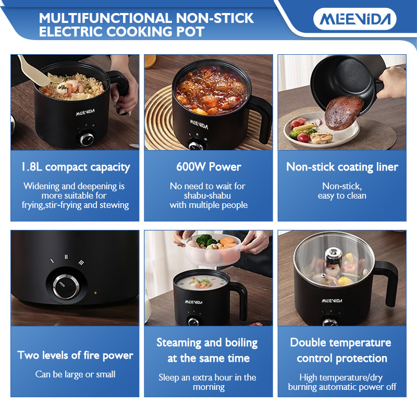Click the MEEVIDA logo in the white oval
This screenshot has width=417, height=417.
pos(355,19)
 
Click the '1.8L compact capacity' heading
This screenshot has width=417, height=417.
pos(76,167)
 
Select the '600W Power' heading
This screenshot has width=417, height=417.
pos(208,167)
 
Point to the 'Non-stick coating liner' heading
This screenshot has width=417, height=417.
pos(342,167)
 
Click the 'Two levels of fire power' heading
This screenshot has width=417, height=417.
pos(75,355)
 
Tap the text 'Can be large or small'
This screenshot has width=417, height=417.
pos(75,374)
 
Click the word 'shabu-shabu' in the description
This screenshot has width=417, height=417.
pos(207,195)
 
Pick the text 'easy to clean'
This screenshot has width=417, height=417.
pos(342,196)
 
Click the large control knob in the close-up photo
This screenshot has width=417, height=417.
pos(66,287)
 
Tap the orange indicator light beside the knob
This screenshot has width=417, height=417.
pos(95,293)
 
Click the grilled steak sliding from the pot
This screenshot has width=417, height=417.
pos(344,113)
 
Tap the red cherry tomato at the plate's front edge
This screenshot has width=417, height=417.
pos(303,138)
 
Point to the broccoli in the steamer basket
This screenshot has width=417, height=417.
pos(206,240)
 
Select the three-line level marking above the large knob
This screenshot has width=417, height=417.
pos(81,263)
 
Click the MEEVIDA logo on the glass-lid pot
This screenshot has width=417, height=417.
pos(332,301)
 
